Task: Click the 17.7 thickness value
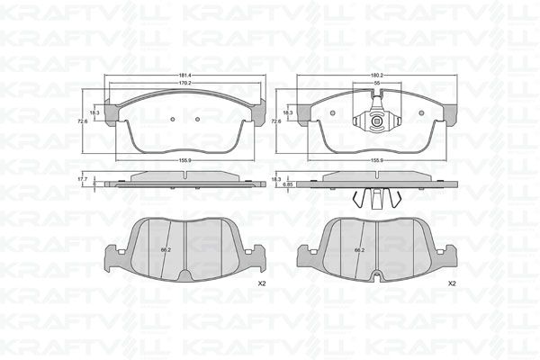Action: click(83, 179)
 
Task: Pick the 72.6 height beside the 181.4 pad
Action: click(81, 120)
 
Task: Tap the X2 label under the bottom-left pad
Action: click(260, 283)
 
